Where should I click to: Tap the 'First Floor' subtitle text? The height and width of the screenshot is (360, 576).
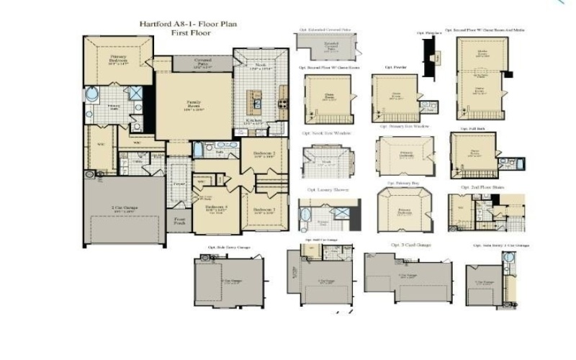click(x=188, y=33)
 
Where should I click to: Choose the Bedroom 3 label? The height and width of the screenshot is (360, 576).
click(x=264, y=210)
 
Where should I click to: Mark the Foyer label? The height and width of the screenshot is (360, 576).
click(x=179, y=184)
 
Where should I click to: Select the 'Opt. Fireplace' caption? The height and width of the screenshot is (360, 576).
click(x=429, y=33)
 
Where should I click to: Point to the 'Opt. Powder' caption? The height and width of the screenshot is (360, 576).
click(x=395, y=67)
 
